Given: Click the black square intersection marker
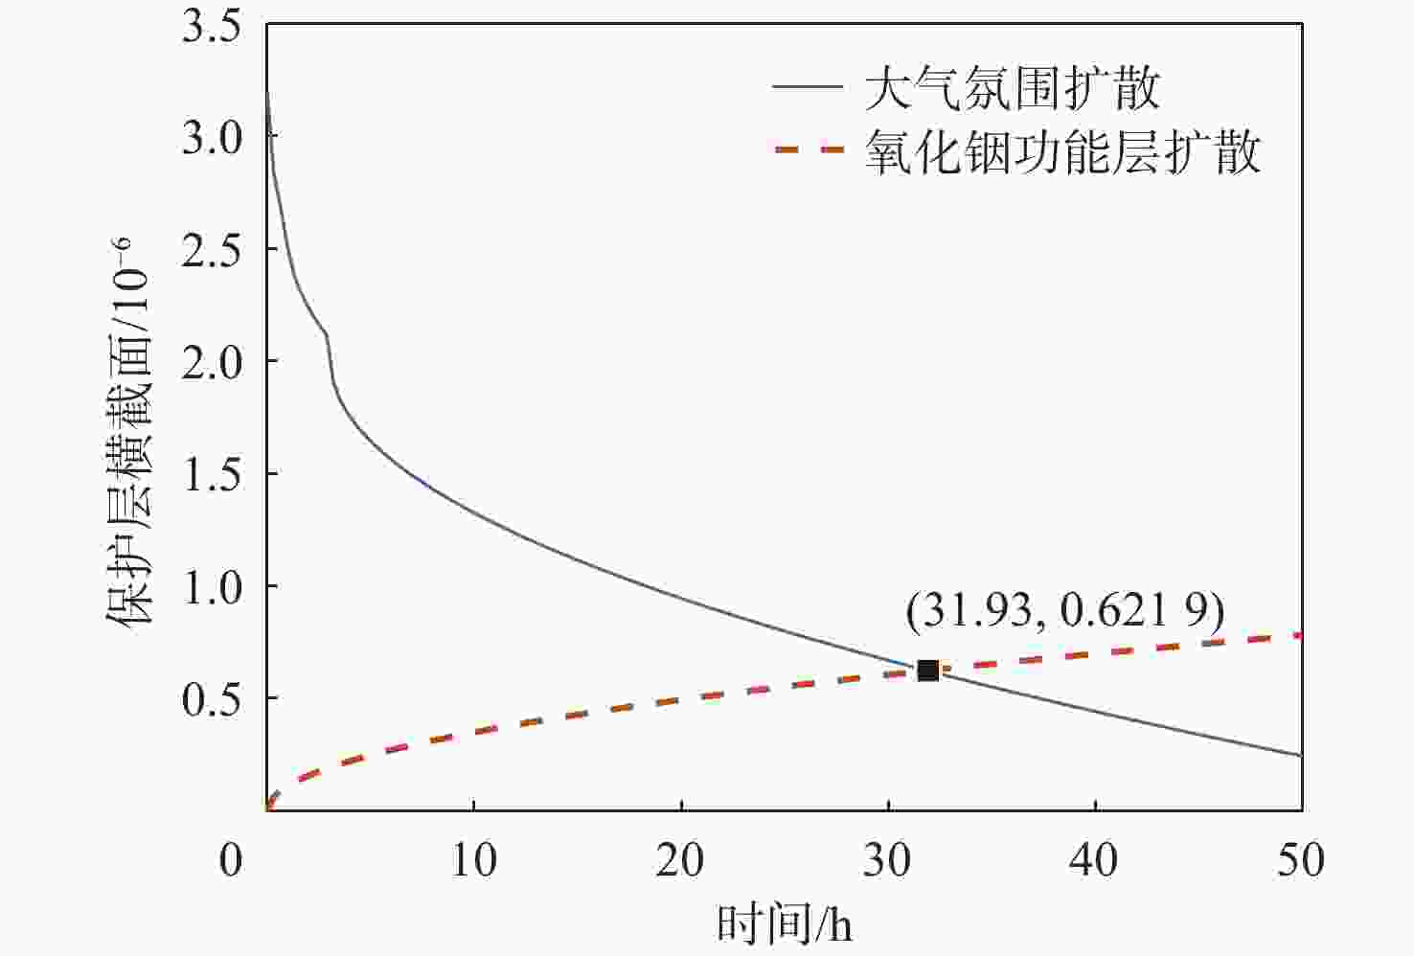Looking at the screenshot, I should pos(927,671).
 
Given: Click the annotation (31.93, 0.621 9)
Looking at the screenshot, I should pos(1065,610).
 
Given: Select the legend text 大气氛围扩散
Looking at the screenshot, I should pos(1012,89).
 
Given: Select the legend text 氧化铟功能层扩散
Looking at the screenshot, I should pos(1062,152).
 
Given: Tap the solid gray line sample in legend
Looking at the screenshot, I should pos(807,88).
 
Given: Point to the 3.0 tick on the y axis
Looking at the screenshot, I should pos(212,137).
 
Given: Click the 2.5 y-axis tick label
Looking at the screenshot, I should pos(212,249).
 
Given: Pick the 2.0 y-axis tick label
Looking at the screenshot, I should pos(212,361).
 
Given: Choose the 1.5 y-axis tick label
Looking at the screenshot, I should pos(212,473).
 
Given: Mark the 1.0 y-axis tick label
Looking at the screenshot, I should pos(212,585).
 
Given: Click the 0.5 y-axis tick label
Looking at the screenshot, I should pos(212,698).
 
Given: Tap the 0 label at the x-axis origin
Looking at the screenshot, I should pos(231,859).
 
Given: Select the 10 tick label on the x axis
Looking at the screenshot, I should pos(473,859).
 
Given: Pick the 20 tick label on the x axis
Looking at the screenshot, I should pos(680,859).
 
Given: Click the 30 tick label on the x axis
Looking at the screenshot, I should pos(888,859).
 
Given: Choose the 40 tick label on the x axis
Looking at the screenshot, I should pos(1094,859).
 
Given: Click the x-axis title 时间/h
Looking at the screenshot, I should pos(785,925).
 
